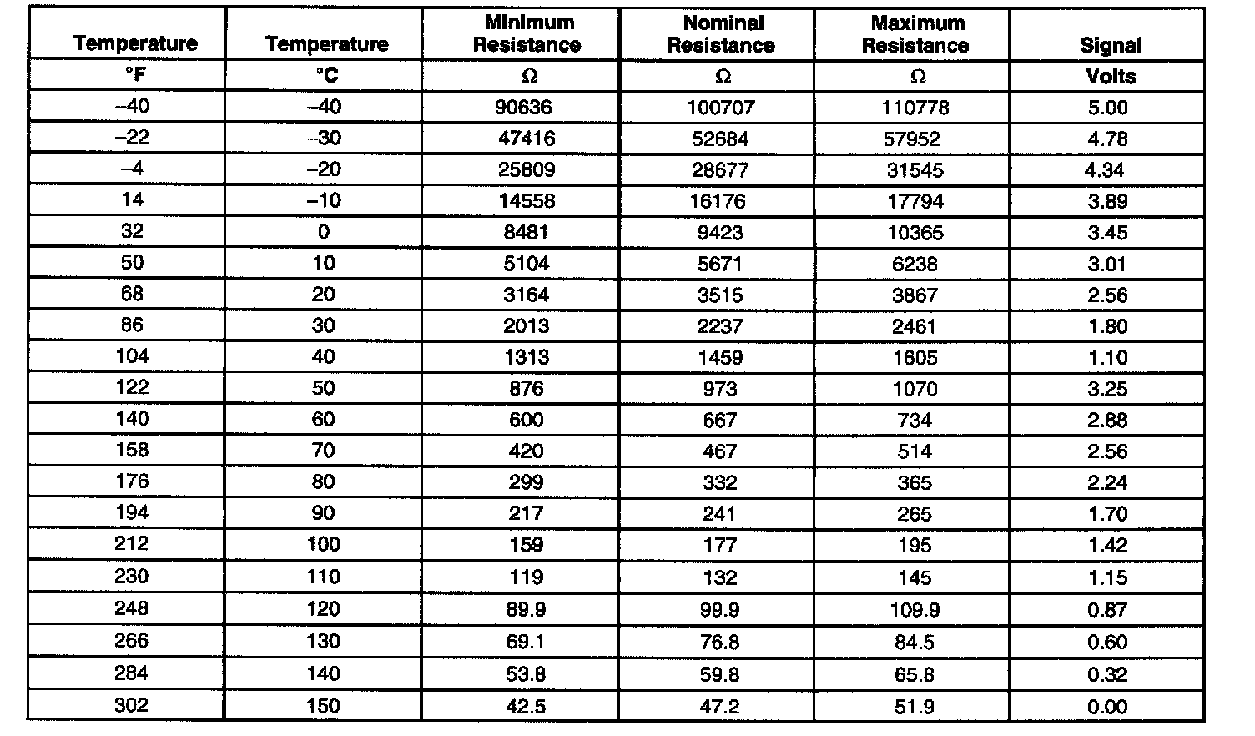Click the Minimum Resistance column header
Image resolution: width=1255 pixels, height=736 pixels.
527,33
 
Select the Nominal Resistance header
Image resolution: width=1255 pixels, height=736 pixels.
720,33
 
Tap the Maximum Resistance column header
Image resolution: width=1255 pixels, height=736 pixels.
915,33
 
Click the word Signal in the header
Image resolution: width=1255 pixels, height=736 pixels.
1110,45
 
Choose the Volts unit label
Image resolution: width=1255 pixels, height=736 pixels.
1110,76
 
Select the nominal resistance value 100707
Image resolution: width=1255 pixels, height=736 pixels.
720,107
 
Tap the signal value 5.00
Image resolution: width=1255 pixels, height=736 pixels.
1108,107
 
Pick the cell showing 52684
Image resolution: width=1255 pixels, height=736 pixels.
720,139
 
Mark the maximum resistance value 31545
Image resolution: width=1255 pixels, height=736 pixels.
915,169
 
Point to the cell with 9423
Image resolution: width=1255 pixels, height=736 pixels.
720,232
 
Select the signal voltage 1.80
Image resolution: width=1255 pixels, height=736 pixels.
1108,326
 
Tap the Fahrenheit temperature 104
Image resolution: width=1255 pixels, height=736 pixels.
132,356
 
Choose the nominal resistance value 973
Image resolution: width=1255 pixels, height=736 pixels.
720,388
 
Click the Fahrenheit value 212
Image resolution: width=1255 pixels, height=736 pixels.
132,544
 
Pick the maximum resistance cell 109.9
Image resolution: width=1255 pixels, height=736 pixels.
915,609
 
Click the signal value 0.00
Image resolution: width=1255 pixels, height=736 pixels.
1108,707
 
